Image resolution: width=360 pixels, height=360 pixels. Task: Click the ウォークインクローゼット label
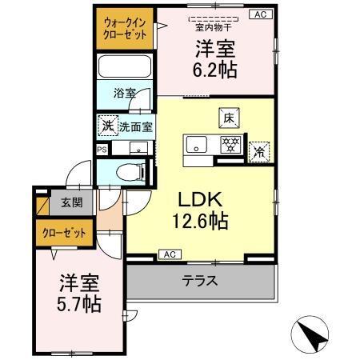125,30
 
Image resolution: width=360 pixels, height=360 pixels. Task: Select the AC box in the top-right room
260,14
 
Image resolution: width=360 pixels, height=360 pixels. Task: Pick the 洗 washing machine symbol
106,126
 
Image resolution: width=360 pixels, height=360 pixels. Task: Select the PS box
101,150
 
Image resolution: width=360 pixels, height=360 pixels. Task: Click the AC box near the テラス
169,254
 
